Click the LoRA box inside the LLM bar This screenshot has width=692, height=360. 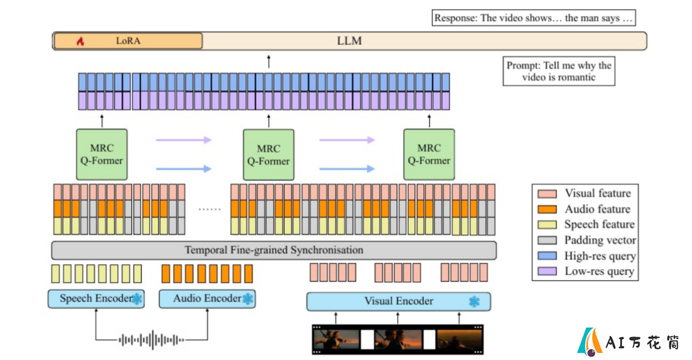(x=128, y=41)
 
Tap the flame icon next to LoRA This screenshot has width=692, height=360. (x=80, y=41)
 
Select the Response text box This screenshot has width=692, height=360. (x=534, y=18)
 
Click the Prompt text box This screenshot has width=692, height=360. (x=559, y=71)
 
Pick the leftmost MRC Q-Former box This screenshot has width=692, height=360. (x=102, y=154)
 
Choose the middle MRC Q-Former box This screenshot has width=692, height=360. (x=268, y=154)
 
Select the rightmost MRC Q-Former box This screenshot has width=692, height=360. (x=429, y=154)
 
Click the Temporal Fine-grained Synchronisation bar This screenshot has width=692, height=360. (x=274, y=250)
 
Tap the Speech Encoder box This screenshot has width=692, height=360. (x=96, y=299)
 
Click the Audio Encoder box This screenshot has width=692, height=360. (x=207, y=299)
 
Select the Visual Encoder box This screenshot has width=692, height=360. (x=399, y=301)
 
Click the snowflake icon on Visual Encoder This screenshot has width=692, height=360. (x=474, y=302)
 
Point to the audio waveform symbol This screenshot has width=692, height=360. (x=151, y=340)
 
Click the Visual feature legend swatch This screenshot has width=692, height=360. (x=547, y=193)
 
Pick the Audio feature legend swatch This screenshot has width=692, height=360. (x=547, y=209)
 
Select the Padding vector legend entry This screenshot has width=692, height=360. (x=587, y=240)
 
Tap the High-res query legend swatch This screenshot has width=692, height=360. (x=547, y=256)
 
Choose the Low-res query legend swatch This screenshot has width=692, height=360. (x=547, y=272)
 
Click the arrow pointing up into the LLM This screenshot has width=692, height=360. (x=268, y=61)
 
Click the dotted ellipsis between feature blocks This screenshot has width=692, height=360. (x=210, y=209)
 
